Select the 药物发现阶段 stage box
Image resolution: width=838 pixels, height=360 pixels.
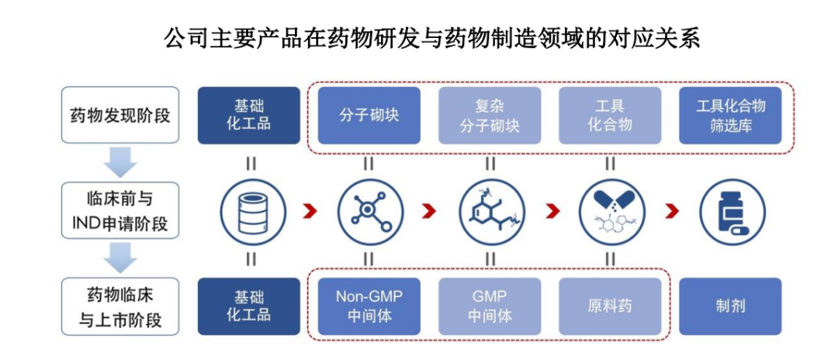click(x=119, y=116)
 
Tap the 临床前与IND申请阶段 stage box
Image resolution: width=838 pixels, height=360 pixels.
click(x=119, y=210)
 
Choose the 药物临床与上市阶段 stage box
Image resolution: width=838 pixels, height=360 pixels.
click(x=119, y=306)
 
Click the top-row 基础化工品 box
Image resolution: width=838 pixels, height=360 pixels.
click(x=248, y=116)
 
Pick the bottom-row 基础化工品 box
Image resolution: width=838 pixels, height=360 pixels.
click(x=248, y=306)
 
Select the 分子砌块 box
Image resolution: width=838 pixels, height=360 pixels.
click(x=369, y=116)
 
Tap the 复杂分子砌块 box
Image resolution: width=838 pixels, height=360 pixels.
click(x=490, y=116)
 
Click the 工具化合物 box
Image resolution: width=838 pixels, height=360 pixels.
click(x=610, y=116)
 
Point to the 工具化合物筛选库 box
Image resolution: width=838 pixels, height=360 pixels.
click(x=730, y=116)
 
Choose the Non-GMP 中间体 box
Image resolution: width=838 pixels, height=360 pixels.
click(x=369, y=306)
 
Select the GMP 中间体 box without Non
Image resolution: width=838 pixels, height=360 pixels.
click(x=490, y=306)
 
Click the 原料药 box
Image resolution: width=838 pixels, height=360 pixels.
click(x=610, y=306)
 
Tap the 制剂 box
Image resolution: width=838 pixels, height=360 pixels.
click(x=730, y=306)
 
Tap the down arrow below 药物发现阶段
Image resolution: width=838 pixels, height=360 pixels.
click(x=119, y=162)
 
